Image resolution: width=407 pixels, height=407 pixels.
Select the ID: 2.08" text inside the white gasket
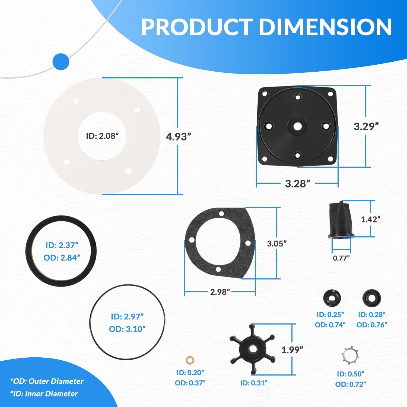coord(102,136)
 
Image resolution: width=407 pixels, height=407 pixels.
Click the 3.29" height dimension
coord(366,126)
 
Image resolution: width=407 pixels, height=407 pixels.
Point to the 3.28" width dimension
coord(297,184)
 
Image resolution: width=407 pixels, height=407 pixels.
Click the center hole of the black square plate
coord(298,126)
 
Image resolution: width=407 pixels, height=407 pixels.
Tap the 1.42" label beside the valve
coord(370,219)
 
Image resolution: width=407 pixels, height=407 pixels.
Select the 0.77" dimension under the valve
coord(341,258)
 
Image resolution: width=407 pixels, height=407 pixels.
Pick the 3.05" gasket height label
coord(277,244)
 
